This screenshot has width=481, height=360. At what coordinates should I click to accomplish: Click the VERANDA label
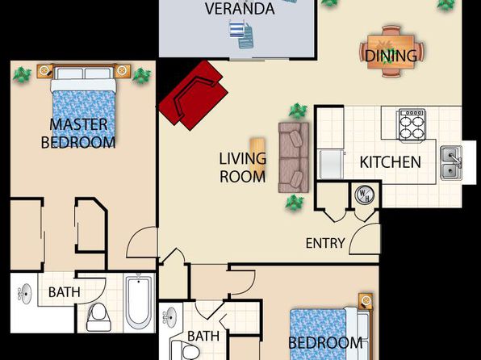tap(240, 8)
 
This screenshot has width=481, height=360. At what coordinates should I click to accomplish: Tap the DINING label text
tap(391, 56)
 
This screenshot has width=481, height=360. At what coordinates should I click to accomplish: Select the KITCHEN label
tap(390, 162)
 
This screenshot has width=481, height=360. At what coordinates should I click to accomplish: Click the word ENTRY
tap(325, 243)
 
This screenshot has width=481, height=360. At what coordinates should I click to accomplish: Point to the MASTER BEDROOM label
tap(78, 133)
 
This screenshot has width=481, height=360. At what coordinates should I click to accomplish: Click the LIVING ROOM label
tap(242, 168)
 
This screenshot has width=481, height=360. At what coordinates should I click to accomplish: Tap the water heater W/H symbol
tap(365, 195)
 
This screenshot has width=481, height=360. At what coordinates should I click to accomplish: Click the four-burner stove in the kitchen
tap(412, 125)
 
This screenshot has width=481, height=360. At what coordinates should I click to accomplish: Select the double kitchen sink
tap(451, 163)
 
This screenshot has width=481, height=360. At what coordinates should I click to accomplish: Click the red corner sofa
tap(194, 95)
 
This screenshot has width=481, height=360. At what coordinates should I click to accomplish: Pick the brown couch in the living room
tap(294, 157)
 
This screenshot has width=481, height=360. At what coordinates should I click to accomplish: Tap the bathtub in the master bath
tap(139, 303)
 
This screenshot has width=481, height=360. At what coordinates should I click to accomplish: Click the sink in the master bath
tap(25, 294)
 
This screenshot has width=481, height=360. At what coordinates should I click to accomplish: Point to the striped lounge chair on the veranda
tap(237, 28)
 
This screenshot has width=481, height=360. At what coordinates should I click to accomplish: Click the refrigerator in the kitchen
tap(331, 165)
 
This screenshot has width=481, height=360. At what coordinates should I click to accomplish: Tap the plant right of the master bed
tap(141, 76)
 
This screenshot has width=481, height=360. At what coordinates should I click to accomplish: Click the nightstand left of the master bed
tap(44, 71)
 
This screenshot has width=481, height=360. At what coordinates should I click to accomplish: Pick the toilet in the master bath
tap(98, 317)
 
